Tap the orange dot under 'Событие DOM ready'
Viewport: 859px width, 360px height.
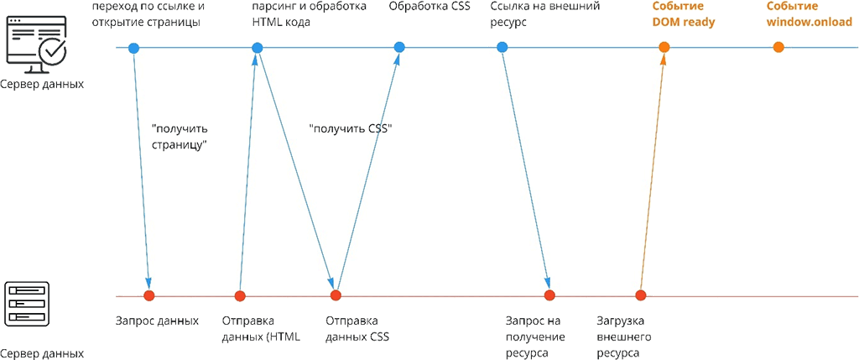tap(664, 47)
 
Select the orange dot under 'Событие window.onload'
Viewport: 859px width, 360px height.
tap(778, 47)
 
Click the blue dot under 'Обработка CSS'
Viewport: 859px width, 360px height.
tap(399, 47)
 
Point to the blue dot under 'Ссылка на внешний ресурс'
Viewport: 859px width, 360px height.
tap(502, 47)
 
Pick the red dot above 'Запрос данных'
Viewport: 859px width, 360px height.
tap(149, 295)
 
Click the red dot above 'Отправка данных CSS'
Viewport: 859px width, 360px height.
tap(336, 295)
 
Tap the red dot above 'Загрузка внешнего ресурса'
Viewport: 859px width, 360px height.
tap(640, 295)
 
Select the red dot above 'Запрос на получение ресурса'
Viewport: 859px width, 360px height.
tap(549, 295)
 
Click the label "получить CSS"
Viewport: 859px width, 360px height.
tap(351, 129)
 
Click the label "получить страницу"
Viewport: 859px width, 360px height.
tap(180, 137)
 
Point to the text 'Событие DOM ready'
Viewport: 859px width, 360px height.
tap(684, 14)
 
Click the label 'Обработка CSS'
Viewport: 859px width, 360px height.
tap(429, 7)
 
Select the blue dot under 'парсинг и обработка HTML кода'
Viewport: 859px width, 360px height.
tap(258, 47)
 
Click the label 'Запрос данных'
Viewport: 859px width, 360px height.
tap(157, 321)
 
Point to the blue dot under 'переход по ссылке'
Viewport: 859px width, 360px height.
tap(133, 47)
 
